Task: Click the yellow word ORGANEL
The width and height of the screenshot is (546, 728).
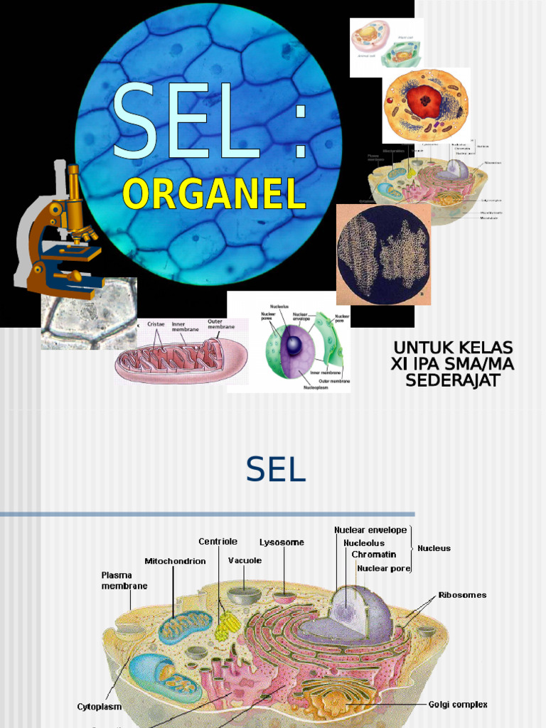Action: [214, 193]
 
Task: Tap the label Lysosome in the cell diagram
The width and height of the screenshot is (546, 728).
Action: [282, 542]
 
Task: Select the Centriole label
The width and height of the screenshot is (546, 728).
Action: [218, 542]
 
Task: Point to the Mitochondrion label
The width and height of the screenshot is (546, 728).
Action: [175, 561]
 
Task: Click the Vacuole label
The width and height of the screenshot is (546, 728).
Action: [245, 560]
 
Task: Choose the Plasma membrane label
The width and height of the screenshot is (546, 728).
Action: [124, 580]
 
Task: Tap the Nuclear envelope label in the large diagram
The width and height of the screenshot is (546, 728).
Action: [370, 530]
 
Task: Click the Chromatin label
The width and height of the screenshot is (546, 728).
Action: [373, 555]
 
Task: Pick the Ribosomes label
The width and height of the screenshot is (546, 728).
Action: [462, 595]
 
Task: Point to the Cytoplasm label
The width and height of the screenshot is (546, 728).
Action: [99, 707]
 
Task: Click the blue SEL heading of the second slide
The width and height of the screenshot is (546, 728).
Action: [276, 469]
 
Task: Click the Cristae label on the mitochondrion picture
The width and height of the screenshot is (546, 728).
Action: [156, 324]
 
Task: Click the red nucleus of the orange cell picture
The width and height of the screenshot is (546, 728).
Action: [424, 101]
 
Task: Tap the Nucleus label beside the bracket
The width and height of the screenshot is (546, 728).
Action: [434, 548]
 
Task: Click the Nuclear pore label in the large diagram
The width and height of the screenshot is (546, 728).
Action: [384, 568]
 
